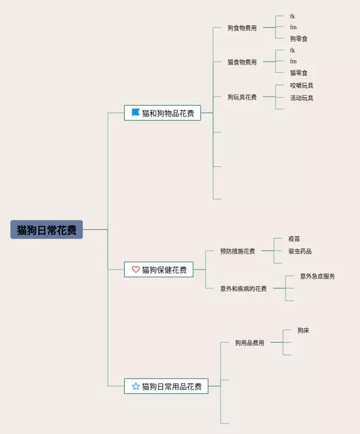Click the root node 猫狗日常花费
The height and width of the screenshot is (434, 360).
47,230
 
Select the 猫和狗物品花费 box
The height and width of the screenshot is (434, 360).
163,113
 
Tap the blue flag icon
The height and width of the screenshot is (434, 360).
136,113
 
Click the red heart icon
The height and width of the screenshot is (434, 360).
136,270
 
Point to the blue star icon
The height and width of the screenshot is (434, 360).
136,386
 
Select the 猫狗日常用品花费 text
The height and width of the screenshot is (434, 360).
172,387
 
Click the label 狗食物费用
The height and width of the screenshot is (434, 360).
242,28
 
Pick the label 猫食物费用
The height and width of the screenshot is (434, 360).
242,62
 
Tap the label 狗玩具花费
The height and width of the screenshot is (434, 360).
242,97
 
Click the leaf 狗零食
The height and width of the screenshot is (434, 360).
299,39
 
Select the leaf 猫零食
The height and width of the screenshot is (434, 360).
299,73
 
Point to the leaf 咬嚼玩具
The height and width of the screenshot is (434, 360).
301,86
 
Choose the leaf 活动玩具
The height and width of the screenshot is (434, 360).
301,98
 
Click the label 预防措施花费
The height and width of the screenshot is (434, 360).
237,251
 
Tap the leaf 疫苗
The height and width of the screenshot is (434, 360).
294,239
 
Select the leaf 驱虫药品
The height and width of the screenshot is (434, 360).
300,251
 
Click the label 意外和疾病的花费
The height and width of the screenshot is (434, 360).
244,288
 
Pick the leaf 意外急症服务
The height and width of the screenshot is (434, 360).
317,276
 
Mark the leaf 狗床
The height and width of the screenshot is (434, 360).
303,330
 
